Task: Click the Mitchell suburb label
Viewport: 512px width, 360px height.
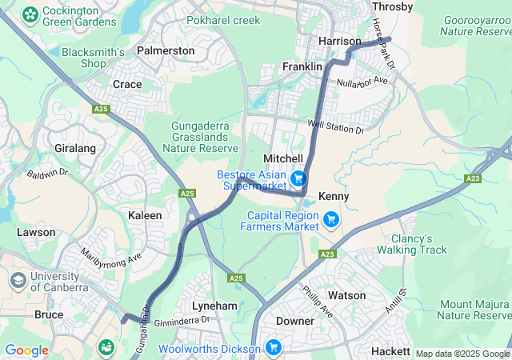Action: (x=283, y=159)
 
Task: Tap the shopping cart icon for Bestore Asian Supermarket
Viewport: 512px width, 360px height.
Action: (x=298, y=178)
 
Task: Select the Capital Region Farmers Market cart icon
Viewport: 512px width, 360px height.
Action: (x=330, y=219)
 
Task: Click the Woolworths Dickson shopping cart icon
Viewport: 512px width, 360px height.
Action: (x=274, y=348)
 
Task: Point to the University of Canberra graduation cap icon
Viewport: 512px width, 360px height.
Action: (x=17, y=282)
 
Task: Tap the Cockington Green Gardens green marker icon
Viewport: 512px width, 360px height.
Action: (x=30, y=14)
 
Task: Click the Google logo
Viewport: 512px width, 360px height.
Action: (x=26, y=350)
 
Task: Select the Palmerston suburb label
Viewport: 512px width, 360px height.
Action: (x=166, y=50)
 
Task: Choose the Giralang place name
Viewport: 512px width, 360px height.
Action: (x=75, y=149)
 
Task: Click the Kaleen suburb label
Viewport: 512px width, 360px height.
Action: (x=145, y=215)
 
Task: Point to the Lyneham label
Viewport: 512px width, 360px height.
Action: (x=214, y=306)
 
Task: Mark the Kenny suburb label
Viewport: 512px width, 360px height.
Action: (x=334, y=196)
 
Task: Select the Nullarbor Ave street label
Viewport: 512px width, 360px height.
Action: (x=362, y=82)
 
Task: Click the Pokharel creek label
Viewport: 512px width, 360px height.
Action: (x=224, y=20)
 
